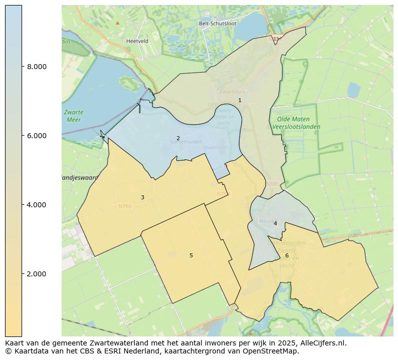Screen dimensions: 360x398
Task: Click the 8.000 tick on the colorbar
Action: pos(37,67)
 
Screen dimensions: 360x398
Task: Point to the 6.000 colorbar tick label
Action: pos(37,136)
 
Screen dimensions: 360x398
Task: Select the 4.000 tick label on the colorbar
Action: pos(37,205)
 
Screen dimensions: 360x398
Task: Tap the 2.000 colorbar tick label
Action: pos(37,274)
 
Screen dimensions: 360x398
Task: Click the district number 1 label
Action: pos(240,100)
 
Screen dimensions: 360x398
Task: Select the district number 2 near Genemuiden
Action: pos(178,138)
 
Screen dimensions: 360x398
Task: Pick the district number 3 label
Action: pos(142,198)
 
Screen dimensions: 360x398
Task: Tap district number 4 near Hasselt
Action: pos(275,223)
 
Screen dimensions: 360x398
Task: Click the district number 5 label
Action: pos(191,255)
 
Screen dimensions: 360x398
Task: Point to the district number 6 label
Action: pos(287,255)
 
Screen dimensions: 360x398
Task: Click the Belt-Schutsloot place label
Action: pos(218,24)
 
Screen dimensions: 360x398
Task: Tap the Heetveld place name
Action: pos(137,41)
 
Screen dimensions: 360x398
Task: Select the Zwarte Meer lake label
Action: pos(74,116)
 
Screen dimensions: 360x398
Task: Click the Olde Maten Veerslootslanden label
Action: pos(296,123)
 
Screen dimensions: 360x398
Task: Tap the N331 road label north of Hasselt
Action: pos(271,184)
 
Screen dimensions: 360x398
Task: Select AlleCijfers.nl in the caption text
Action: pos(321,343)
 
